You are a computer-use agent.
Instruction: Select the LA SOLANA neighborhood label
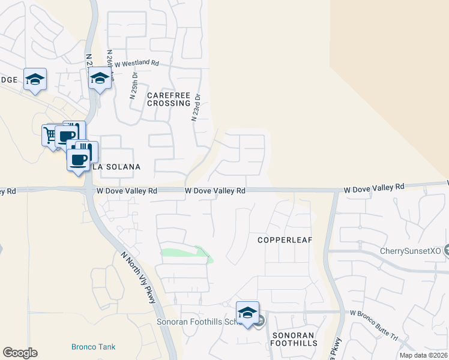coord(116,167)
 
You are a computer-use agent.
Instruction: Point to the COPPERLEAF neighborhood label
coord(286,239)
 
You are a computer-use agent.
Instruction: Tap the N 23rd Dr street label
coord(196,107)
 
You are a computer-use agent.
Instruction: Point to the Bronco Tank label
coord(93,347)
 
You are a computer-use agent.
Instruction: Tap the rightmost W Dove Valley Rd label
coord(375,188)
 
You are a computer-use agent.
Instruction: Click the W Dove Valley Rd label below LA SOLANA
coord(127,191)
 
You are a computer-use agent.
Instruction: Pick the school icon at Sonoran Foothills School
coord(247,312)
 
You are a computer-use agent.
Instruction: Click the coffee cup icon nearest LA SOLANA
coord(78,160)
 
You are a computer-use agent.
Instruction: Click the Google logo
coord(20,353)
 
